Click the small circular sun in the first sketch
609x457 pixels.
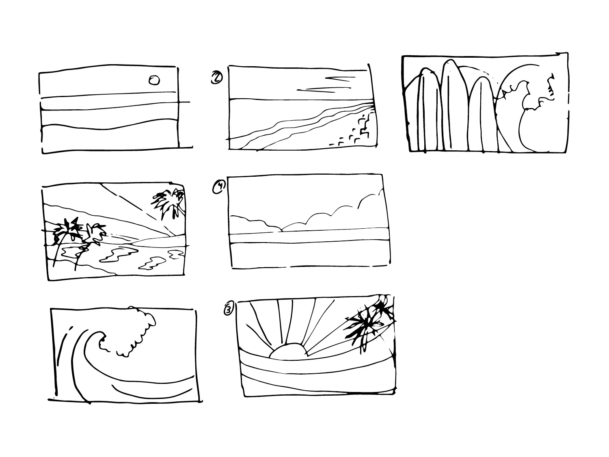point(154,80)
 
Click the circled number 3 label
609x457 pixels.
point(229,310)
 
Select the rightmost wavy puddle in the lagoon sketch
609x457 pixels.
point(176,254)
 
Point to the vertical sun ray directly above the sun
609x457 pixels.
point(280,321)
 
